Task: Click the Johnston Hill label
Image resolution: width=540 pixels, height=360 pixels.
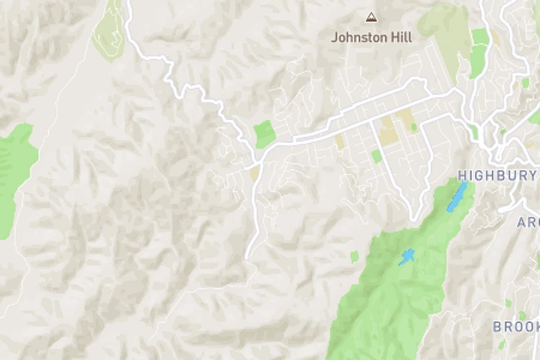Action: tap(372, 37)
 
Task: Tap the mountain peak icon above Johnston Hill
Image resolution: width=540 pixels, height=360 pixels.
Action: tap(370, 16)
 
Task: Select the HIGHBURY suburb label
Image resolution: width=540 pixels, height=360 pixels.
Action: tap(497, 176)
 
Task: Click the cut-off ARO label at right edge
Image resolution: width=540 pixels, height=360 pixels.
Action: tap(527, 222)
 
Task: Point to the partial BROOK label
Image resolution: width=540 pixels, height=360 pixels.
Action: tap(515, 326)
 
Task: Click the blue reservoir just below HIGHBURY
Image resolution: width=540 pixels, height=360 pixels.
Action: tap(456, 198)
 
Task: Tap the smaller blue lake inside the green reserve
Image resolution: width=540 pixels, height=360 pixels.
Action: tap(407, 257)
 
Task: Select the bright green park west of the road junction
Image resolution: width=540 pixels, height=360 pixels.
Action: tap(265, 134)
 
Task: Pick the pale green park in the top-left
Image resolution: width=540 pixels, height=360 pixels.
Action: tap(109, 30)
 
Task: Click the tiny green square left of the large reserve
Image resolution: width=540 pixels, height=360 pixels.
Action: tap(354, 256)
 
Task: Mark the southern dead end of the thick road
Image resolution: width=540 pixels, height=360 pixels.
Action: tap(248, 256)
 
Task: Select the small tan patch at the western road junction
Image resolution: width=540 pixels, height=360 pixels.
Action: tap(254, 172)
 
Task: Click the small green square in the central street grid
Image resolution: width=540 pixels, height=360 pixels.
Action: tap(376, 156)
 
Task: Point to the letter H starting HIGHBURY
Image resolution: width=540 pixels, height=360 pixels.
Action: tap(462, 176)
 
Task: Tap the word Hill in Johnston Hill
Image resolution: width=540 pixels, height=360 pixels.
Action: tap(401, 37)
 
